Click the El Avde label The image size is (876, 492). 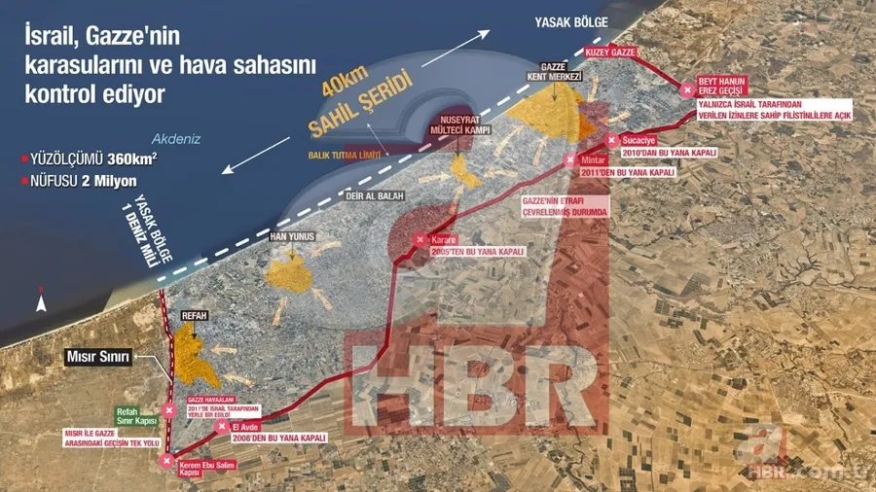(245, 427)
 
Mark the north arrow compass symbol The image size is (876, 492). (40, 301)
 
